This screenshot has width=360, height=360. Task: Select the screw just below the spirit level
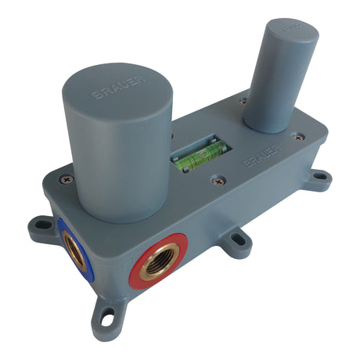point(218,182)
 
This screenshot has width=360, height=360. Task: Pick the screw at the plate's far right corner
point(297,137)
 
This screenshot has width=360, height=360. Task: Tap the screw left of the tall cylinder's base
point(241,100)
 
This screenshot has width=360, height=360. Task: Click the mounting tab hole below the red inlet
point(108,316)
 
